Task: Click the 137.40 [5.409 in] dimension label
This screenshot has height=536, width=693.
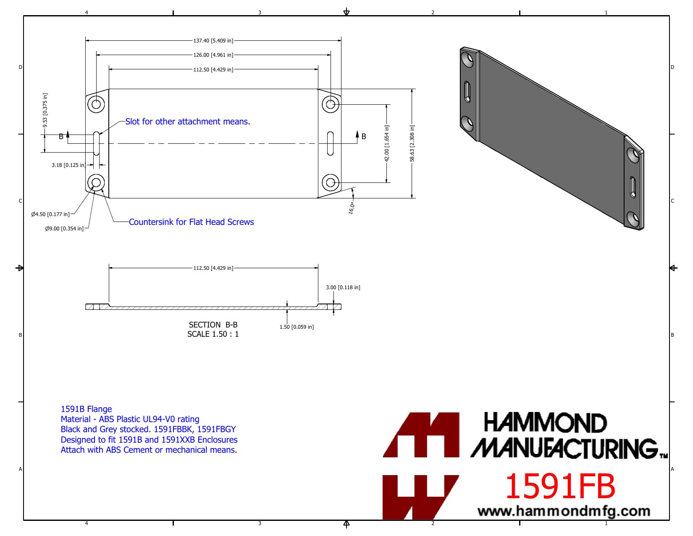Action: coord(213,40)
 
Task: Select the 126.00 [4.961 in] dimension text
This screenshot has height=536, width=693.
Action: coord(213,55)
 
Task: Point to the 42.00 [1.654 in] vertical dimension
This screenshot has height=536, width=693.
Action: coord(386,143)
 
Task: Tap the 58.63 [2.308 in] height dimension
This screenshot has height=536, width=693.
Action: coord(412,143)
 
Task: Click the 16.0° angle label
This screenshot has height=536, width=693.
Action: coord(351,208)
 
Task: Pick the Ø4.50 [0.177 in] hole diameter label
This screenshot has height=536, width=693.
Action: coord(50,214)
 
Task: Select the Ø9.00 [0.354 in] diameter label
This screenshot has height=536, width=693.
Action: coord(64,229)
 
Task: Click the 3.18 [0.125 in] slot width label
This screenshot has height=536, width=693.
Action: coord(68,165)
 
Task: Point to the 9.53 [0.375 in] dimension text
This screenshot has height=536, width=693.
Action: coord(45,110)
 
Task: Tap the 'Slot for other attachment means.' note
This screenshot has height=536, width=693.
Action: coord(187,121)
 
